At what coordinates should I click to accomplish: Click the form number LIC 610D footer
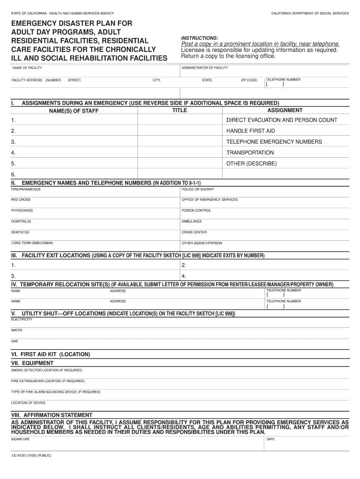pos(31,455)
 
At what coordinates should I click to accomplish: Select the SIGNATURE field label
pos(21,439)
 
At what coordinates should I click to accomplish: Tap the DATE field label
pos(270,439)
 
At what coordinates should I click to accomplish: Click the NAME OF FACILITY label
pos(27,68)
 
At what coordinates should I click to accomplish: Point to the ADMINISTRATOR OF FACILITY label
pos(205,68)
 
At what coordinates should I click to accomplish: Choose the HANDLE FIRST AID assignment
pos(251,131)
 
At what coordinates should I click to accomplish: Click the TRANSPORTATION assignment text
pos(250,152)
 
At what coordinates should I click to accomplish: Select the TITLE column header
pos(180,110)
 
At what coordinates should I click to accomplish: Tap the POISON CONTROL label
pos(196,210)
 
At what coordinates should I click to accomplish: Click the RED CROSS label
pos(21,200)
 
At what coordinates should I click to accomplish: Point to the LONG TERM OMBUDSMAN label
pos(32,243)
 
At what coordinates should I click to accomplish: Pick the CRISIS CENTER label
pos(194,232)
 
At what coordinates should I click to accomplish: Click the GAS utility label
pos(14,341)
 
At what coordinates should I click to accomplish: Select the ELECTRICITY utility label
pos(22,319)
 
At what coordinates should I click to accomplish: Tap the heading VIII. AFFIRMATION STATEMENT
pos(51,415)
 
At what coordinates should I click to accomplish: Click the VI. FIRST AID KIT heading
pos(50,354)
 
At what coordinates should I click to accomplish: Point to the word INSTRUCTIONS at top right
pos(199,38)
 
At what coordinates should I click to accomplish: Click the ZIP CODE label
pos(249,80)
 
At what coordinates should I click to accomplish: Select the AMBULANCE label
pos(192,221)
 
